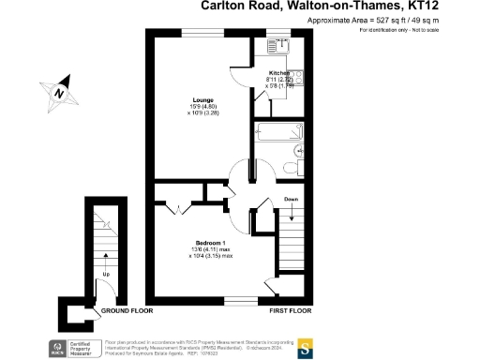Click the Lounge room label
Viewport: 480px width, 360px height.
(203, 100)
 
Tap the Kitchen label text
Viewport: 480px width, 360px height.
(280, 72)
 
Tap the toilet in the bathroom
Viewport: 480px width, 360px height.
(301, 149)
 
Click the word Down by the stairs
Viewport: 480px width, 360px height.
(291, 200)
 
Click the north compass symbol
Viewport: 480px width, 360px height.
(59, 92)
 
